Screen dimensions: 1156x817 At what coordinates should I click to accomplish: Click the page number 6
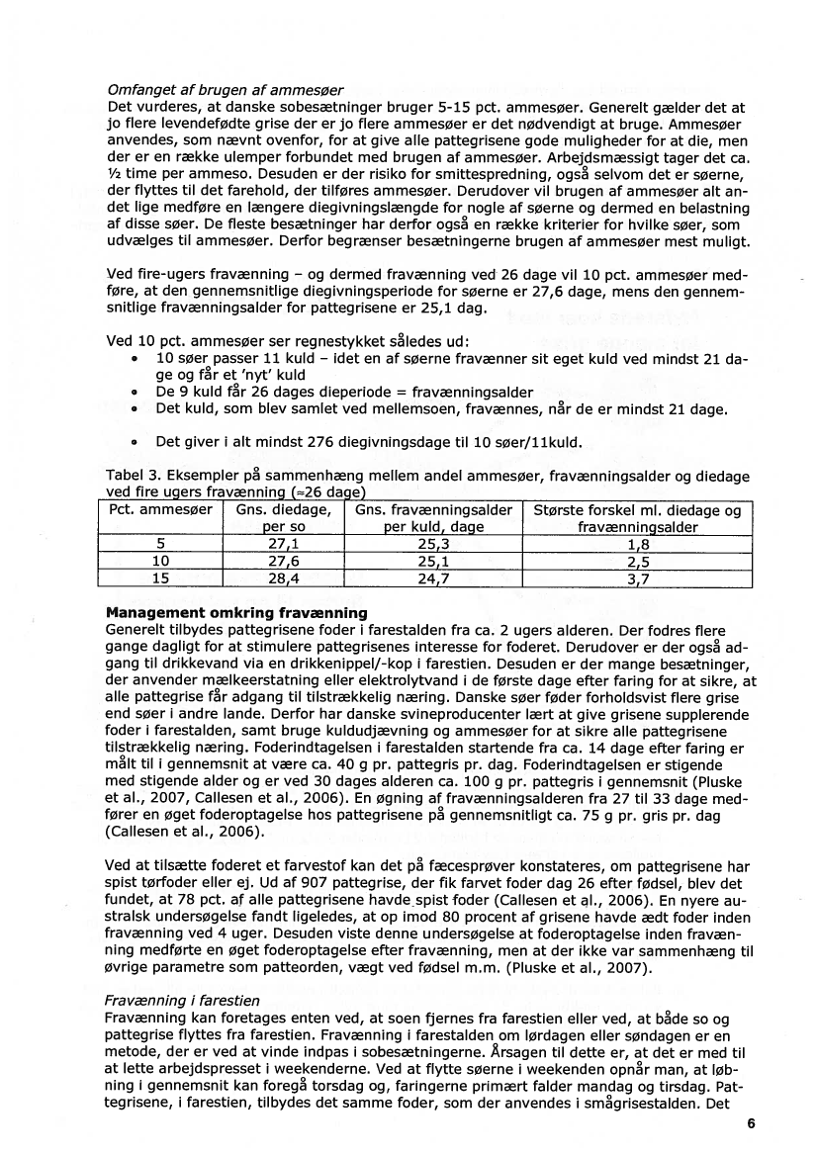(752, 1123)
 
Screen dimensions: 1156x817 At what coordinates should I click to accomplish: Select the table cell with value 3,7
(638, 578)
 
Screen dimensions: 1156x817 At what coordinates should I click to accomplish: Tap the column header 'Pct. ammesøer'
(159, 511)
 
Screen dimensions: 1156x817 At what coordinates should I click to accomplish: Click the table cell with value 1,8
(638, 543)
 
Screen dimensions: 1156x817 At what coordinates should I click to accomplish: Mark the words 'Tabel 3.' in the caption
(134, 477)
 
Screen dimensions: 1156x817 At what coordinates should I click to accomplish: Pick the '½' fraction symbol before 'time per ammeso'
(112, 175)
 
